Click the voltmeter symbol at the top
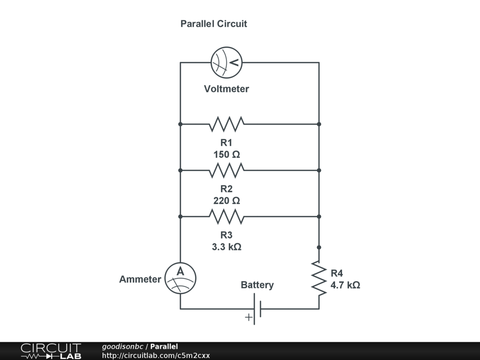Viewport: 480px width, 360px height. coord(227,62)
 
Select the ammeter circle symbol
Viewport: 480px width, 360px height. coord(180,278)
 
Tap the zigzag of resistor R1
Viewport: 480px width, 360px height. coord(227,124)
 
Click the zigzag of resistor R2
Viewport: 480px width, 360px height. coord(227,170)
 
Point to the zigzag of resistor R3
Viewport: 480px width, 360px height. coord(227,217)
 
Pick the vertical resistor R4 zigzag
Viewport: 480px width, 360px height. coord(319,278)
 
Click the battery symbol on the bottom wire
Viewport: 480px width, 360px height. coord(257,309)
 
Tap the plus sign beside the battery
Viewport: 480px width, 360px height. coord(248,317)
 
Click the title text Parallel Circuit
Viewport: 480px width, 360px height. coord(214,23)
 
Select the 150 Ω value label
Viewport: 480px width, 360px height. coord(227,154)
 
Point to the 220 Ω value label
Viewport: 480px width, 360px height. coord(227,201)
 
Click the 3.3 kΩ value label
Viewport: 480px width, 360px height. coord(227,247)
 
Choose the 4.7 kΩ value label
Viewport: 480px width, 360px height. coord(345,285)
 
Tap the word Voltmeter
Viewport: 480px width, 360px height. coord(226,89)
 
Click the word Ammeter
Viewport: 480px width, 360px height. coord(140,279)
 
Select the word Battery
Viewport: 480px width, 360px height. coord(257,285)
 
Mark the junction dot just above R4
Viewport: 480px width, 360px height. coord(319,247)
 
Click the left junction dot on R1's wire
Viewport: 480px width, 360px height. coord(180,124)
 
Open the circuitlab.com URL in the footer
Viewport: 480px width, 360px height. coord(156,355)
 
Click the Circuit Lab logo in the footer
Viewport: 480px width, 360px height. coord(51,351)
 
